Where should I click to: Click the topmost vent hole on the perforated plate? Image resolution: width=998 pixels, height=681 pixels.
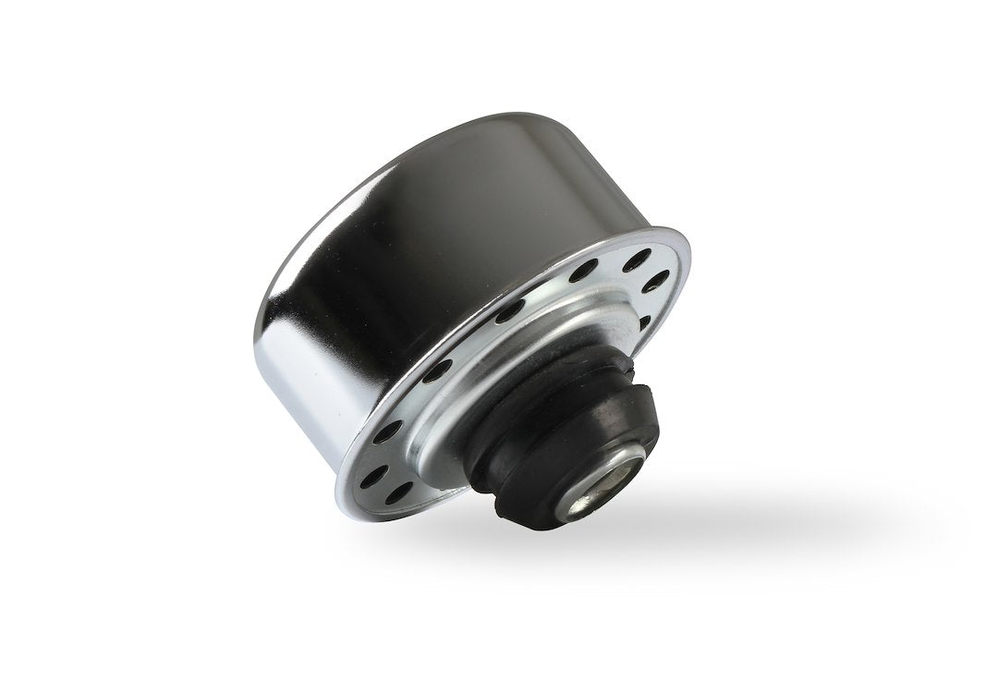(635, 261)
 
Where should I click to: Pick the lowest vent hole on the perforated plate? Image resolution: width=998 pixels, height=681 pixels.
(398, 493)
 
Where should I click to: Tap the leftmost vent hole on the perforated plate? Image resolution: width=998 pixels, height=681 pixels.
(373, 477)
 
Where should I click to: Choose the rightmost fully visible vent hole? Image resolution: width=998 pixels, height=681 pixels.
(658, 281)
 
